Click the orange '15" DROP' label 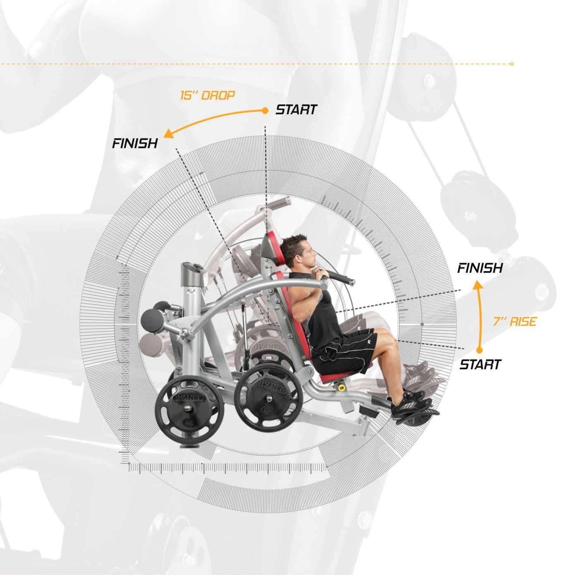[207, 96]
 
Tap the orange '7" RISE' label [514, 322]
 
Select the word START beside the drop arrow [296, 110]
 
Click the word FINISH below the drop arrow [135, 144]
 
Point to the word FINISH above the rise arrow [479, 268]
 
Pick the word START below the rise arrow [480, 364]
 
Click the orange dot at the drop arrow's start [265, 111]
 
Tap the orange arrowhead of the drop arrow [169, 134]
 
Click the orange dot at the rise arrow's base [479, 350]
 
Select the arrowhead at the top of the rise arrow [478, 284]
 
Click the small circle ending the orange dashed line [512, 64]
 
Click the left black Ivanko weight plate [189, 409]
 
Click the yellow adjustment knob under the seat [341, 387]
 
